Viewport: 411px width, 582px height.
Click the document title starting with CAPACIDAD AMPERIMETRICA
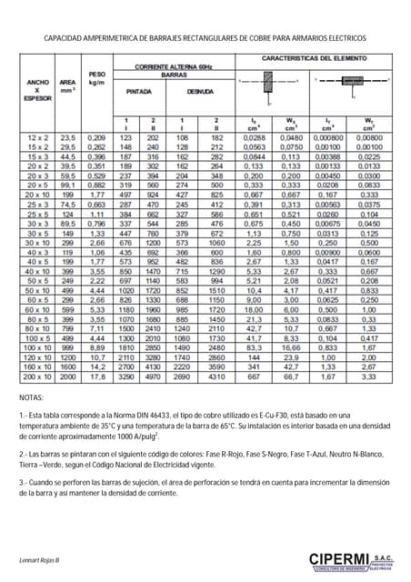click(x=205, y=40)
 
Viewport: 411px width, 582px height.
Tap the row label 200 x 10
click(x=37, y=402)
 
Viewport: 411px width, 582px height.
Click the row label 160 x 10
click(x=37, y=393)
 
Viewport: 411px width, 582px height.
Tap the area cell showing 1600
click(x=67, y=393)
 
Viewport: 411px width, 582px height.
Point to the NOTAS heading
click(x=31, y=424)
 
